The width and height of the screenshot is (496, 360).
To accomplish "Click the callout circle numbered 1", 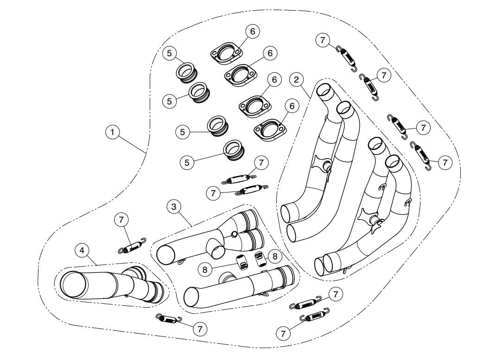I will (x=112, y=132).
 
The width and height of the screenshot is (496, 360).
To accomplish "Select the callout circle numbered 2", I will (x=297, y=80).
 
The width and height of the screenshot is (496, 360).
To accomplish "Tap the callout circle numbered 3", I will (x=174, y=207).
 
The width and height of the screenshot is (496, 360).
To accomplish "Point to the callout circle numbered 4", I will (x=82, y=251).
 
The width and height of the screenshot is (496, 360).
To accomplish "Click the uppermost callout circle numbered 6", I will (x=253, y=32).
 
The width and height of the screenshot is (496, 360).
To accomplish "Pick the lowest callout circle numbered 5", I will (x=187, y=162).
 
